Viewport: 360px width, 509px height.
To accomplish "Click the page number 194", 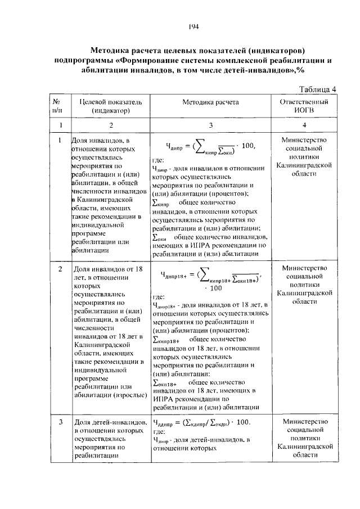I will [x=193, y=26].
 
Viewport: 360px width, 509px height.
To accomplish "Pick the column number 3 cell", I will [x=210, y=125].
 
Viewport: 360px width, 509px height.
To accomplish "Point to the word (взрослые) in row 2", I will [x=131, y=395].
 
